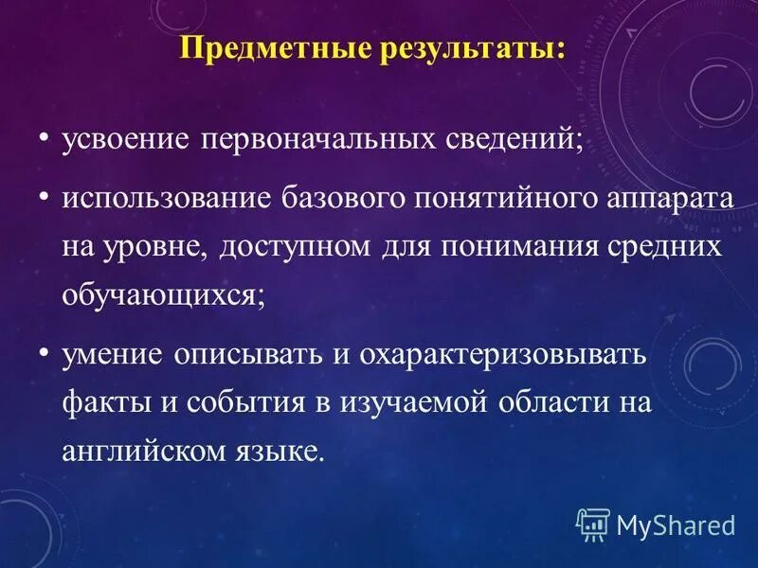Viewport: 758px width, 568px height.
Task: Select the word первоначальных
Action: [x=319, y=138]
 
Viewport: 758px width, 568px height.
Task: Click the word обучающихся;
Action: [x=164, y=294]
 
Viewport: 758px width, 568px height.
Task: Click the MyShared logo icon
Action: [x=593, y=523]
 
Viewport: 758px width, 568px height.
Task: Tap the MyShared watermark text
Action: [x=676, y=524]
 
